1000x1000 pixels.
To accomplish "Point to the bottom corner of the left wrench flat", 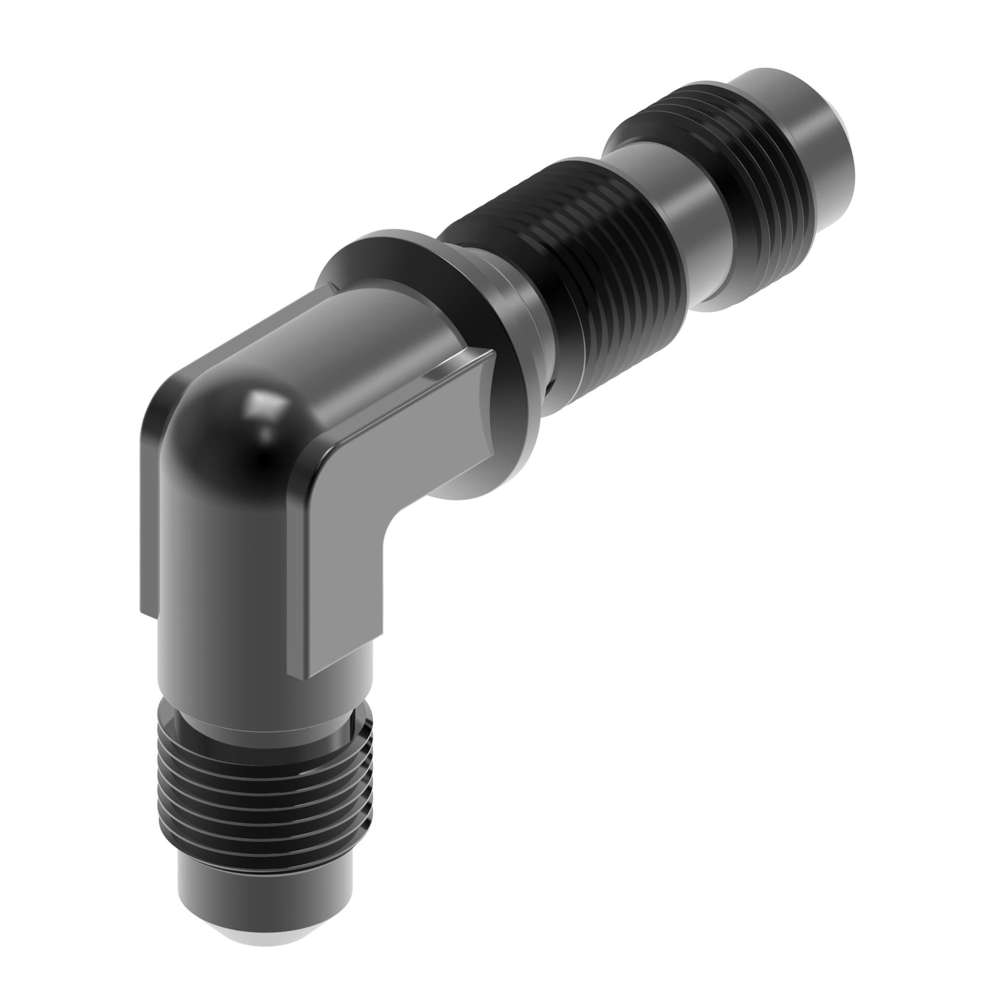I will pyautogui.click(x=148, y=615).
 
